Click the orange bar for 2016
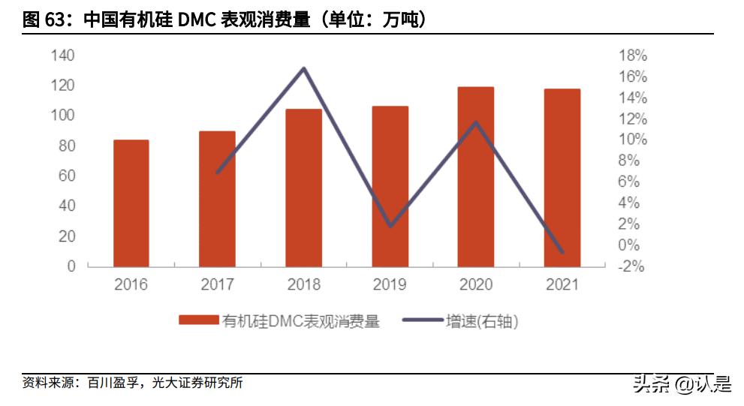(x=131, y=203)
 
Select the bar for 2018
(x=303, y=188)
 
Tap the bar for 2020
(x=476, y=176)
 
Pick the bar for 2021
(x=562, y=177)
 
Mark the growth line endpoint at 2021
(x=562, y=251)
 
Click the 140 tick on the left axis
(x=63, y=56)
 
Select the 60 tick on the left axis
(x=66, y=176)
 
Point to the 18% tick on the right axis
(x=632, y=56)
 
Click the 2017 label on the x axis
(x=217, y=284)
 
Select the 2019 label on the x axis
(x=390, y=284)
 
